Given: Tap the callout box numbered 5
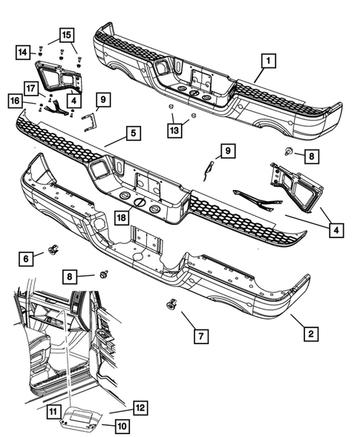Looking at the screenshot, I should [131, 134].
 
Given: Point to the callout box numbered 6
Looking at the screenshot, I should [27, 257].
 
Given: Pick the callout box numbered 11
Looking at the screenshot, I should [52, 410].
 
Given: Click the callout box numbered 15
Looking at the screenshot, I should [66, 34].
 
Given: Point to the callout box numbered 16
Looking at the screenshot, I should [15, 99].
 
